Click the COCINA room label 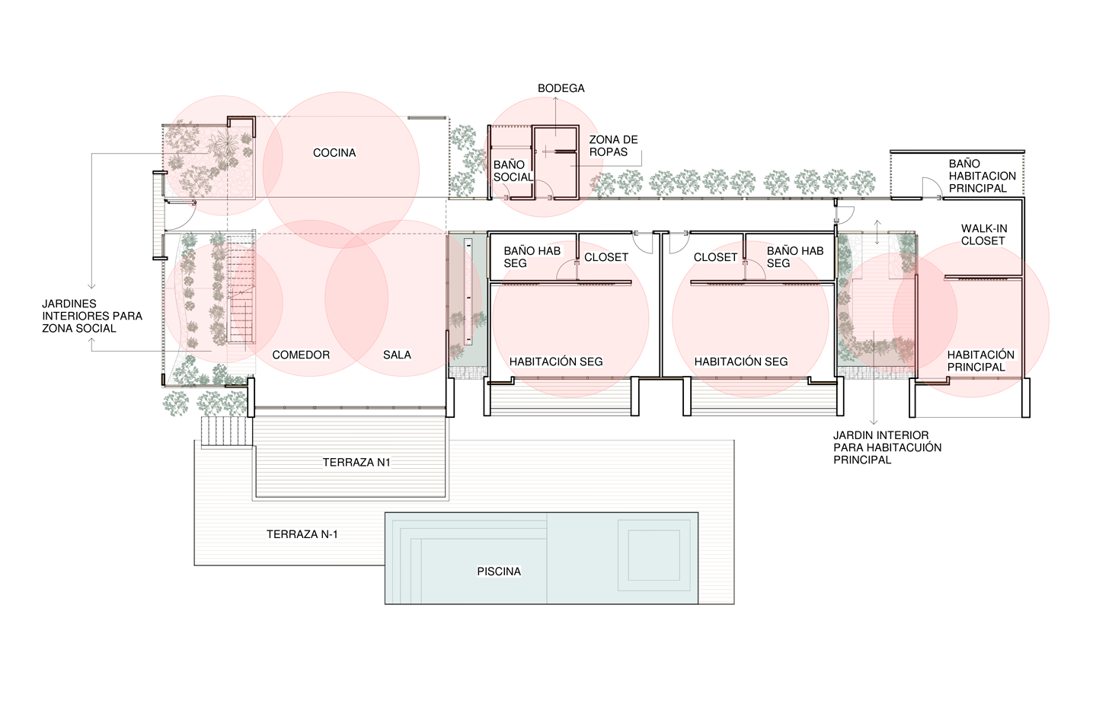tap(334, 153)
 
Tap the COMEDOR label tap(301, 355)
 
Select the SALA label tap(397, 355)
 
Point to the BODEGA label tap(561, 88)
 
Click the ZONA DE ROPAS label tap(614, 145)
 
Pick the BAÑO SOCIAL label tap(513, 170)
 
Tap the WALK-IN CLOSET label tap(984, 234)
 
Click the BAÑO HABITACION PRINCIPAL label tap(983, 176)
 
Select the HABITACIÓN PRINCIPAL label tap(980, 361)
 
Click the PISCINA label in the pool tap(499, 572)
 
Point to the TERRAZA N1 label tap(356, 463)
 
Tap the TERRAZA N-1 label tap(302, 534)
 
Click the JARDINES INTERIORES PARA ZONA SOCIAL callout tap(92, 316)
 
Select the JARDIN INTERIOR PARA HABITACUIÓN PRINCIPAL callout tap(887, 447)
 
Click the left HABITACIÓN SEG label tap(556, 361)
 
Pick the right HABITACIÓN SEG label tap(741, 361)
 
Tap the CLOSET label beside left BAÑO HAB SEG tap(606, 257)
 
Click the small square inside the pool tap(653, 555)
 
